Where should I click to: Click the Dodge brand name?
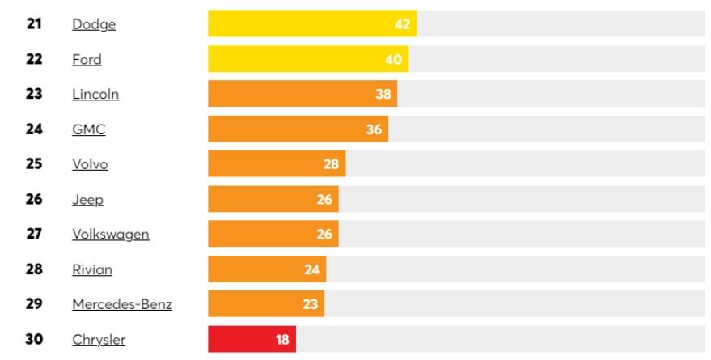pyautogui.click(x=94, y=24)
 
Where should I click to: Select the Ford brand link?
pyautogui.click(x=87, y=60)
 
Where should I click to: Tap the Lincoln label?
pyautogui.click(x=95, y=95)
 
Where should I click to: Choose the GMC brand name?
pyautogui.click(x=88, y=129)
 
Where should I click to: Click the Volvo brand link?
pyautogui.click(x=90, y=164)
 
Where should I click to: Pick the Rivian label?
pyautogui.click(x=92, y=269)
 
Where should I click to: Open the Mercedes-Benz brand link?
pyautogui.click(x=122, y=304)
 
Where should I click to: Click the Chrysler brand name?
pyautogui.click(x=99, y=340)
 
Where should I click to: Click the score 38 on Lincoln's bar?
pyautogui.click(x=383, y=95)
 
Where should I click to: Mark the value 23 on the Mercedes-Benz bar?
pyautogui.click(x=311, y=304)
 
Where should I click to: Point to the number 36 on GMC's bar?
pyautogui.click(x=374, y=129)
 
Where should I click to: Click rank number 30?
pyautogui.click(x=34, y=340)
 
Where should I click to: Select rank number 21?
pyautogui.click(x=34, y=24)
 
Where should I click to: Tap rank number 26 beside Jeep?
pyautogui.click(x=34, y=199)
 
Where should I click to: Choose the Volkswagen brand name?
pyautogui.click(x=111, y=235)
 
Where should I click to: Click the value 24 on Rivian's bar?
pyautogui.click(x=312, y=269)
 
